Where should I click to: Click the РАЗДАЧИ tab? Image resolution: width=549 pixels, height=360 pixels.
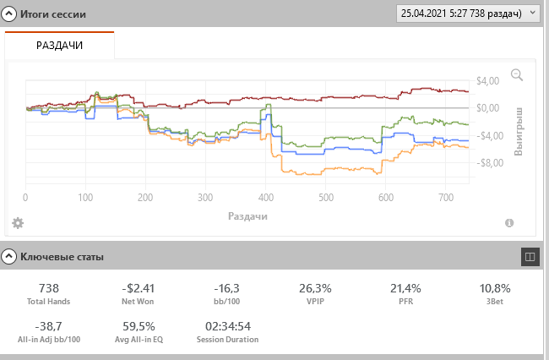[59, 45]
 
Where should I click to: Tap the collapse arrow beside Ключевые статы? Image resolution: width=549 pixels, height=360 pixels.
[9, 254]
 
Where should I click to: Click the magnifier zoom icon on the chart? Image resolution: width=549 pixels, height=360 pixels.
[517, 75]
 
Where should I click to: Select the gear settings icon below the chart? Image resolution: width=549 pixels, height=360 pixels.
[17, 222]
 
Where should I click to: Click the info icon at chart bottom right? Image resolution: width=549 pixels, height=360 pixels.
[509, 223]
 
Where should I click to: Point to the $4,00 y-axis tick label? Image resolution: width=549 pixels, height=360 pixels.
[489, 81]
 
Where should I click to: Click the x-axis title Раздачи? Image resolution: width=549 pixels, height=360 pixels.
[247, 216]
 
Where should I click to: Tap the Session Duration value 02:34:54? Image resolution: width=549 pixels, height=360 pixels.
[228, 326]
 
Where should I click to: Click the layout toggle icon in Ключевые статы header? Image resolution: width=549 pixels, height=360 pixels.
[530, 254]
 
